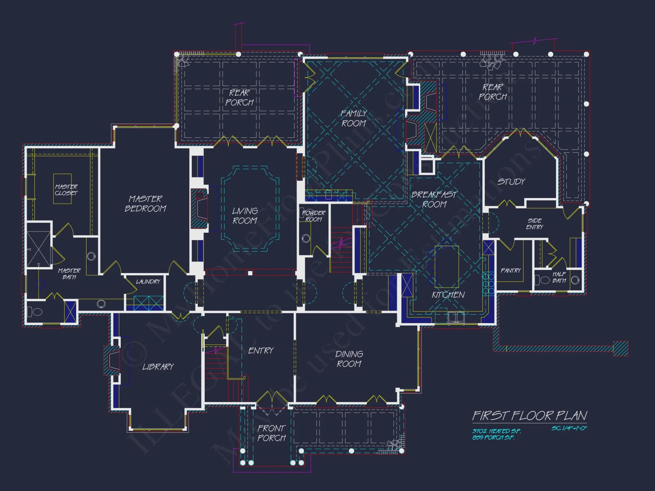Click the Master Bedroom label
145,204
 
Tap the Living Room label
245,216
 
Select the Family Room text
354,118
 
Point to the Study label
511,182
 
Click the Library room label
158,367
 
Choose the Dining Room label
349,359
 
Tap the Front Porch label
271,433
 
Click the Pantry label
511,270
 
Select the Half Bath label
559,277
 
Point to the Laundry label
148,282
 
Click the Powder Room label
313,216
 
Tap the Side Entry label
534,224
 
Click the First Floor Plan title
530,416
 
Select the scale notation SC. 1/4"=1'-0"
569,428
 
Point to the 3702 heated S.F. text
496,431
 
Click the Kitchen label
448,295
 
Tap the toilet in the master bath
36,312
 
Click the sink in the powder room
306,238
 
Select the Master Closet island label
66,190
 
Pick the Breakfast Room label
434,199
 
